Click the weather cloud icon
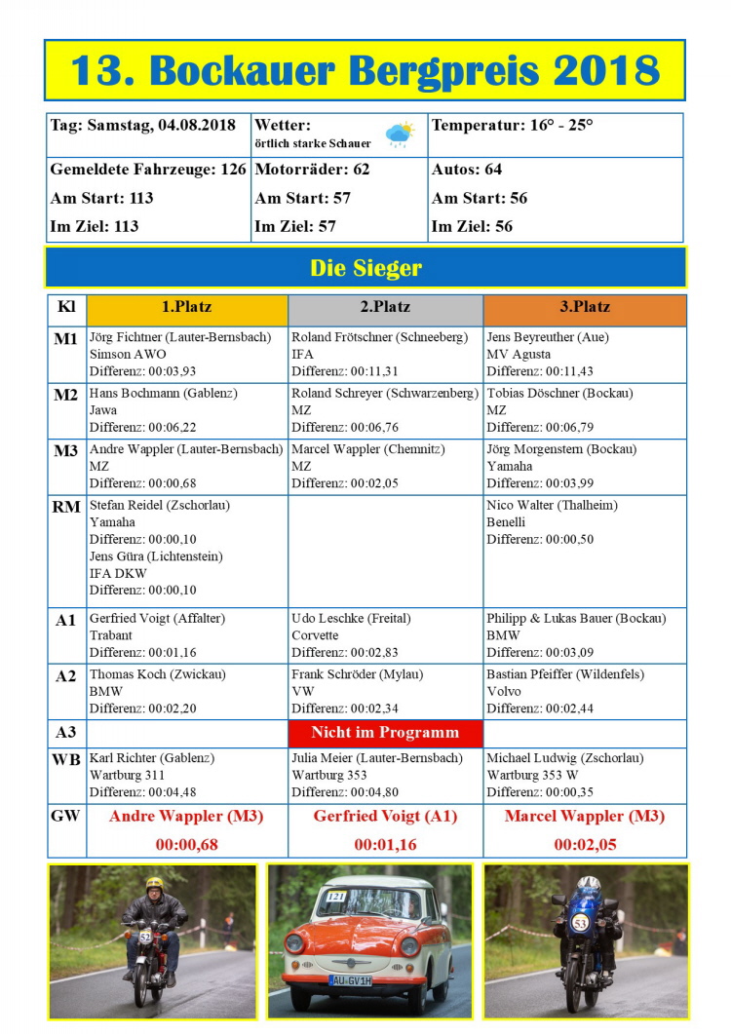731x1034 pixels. tap(399, 134)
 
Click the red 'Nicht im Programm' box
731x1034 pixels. tap(385, 732)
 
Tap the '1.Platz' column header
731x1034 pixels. tap(186, 306)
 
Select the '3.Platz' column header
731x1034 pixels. tap(585, 306)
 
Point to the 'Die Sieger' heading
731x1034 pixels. tap(365, 268)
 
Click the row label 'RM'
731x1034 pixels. tap(66, 507)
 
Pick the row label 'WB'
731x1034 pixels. tap(66, 758)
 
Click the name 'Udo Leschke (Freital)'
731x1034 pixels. tap(351, 619)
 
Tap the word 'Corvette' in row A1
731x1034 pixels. tap(315, 635)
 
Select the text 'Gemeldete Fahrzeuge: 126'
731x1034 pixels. tap(148, 170)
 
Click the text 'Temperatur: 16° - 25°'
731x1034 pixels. tap(512, 125)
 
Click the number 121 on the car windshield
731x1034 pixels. tap(336, 896)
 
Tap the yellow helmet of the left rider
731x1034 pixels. tap(154, 885)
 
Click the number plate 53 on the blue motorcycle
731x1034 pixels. tap(579, 923)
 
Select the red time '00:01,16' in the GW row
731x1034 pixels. tap(385, 845)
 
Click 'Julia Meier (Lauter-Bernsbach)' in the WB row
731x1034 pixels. tap(376, 758)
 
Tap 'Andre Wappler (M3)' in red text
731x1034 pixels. tap(186, 817)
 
